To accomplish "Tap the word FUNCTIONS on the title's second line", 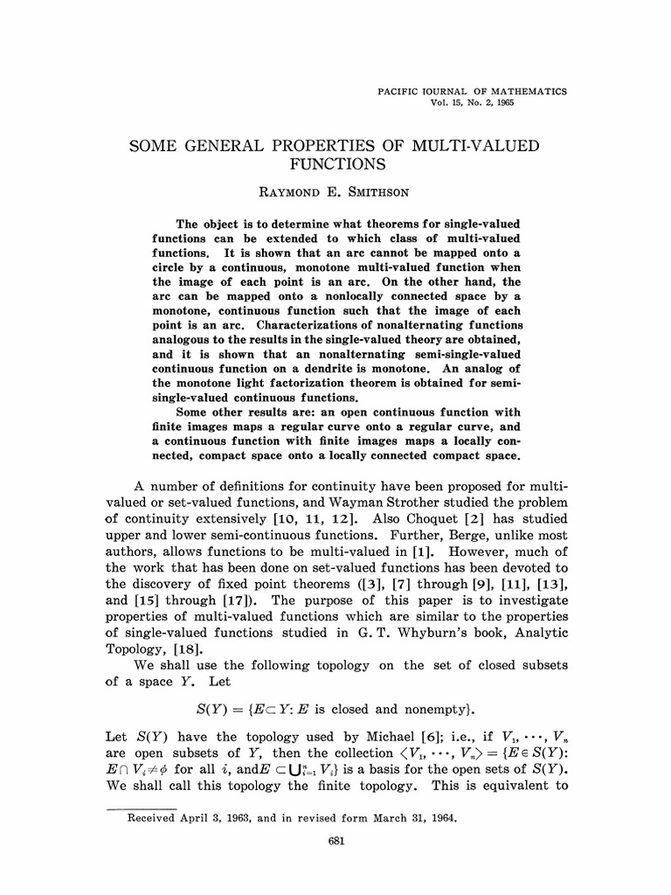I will pyautogui.click(x=335, y=163).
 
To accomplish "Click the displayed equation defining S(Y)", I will pyautogui.click(x=335, y=709).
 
